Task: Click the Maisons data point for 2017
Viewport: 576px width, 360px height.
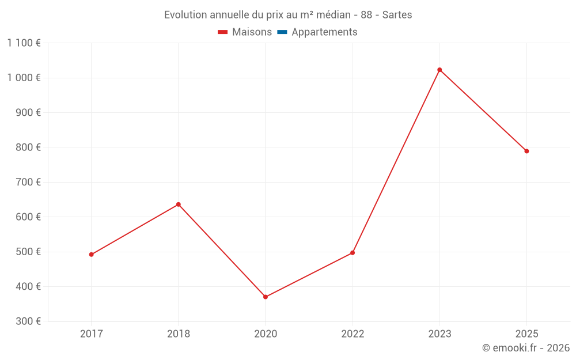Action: (91, 255)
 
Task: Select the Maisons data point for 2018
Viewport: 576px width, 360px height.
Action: (179, 204)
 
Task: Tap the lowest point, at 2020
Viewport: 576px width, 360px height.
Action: (266, 297)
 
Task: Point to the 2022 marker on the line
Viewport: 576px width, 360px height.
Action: (353, 253)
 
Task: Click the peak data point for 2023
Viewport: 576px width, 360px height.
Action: (439, 70)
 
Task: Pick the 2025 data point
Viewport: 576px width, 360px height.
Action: (526, 151)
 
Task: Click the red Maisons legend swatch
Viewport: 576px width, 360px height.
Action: (223, 32)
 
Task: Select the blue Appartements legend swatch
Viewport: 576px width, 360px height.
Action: (282, 32)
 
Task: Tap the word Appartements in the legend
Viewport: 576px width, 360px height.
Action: (324, 32)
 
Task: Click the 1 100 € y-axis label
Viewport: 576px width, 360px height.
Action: (24, 43)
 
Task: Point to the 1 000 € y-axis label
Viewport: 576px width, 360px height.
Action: (24, 78)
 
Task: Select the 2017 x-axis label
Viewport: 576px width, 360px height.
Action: (91, 334)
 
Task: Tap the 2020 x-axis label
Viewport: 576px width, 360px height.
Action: (266, 334)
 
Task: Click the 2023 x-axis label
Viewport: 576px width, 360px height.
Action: (439, 334)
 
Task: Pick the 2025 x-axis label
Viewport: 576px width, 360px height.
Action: (526, 334)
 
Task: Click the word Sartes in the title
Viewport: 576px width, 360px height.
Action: (397, 15)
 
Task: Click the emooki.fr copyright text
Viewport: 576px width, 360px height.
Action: (526, 348)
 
